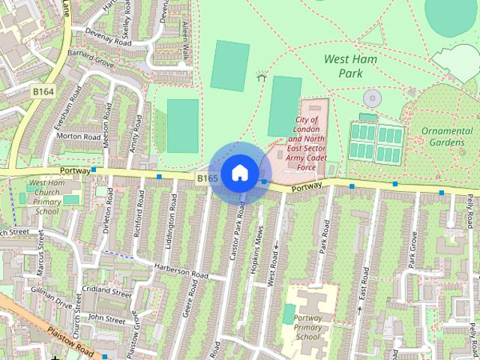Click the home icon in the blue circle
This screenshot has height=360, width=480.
239,172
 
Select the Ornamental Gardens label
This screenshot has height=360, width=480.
447,136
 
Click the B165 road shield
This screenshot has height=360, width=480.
208,178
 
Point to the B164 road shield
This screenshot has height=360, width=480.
43,91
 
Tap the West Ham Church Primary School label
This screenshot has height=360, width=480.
46,197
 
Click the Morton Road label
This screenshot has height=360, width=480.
79,137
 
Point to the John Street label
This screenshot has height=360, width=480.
106,319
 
